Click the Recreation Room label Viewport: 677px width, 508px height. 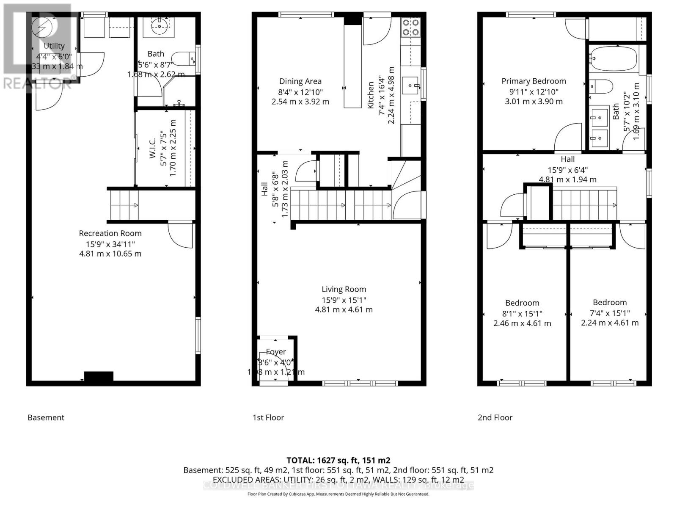[110, 233]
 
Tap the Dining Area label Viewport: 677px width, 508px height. [300, 81]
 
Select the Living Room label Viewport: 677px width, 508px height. [344, 289]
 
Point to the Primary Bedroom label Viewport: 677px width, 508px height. [534, 81]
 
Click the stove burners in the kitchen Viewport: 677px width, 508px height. [410, 27]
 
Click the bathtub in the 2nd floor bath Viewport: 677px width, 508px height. [612, 59]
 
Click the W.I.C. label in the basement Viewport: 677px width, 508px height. [153, 148]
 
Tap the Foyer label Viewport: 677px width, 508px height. [276, 352]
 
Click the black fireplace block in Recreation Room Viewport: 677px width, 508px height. [99, 376]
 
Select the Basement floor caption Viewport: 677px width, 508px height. [46, 417]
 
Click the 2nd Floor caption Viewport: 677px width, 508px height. [495, 417]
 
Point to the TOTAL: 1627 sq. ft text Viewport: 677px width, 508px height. [338, 460]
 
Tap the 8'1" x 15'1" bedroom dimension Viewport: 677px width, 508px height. [522, 314]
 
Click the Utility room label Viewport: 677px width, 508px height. [54, 46]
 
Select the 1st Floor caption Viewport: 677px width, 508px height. [268, 417]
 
